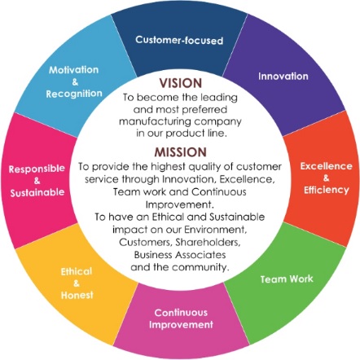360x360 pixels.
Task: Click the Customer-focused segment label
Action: click(179, 40)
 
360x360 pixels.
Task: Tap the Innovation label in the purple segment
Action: click(283, 76)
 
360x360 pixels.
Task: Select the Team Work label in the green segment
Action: click(287, 279)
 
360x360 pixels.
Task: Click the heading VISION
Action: click(181, 83)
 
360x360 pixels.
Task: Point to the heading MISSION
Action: click(181, 152)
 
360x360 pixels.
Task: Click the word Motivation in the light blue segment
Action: click(73, 70)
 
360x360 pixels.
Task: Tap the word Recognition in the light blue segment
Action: click(74, 94)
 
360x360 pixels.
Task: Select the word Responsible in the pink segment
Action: click(37, 169)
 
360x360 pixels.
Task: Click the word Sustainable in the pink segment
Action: click(37, 192)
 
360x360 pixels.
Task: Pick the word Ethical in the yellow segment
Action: click(77, 271)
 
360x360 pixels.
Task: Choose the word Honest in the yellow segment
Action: click(77, 295)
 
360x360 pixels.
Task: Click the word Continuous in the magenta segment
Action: click(181, 313)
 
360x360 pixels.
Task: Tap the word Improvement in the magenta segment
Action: click(181, 325)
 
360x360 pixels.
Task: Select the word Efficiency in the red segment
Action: click(327, 190)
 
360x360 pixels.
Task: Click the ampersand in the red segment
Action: click(326, 178)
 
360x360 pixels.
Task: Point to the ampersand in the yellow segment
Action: click(77, 283)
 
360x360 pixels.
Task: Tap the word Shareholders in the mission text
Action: click(208, 242)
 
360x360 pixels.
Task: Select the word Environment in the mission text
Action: click(216, 230)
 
